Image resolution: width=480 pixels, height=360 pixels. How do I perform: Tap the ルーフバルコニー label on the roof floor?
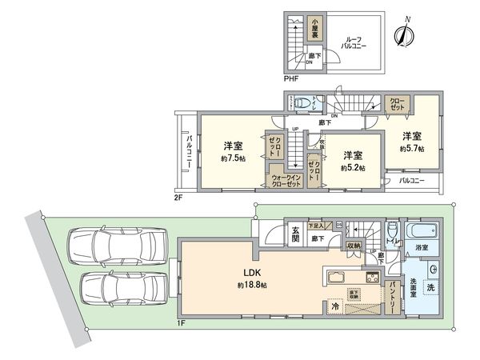354,43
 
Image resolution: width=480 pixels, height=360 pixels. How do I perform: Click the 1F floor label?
182,324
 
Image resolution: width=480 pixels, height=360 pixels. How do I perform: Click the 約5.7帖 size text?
411,148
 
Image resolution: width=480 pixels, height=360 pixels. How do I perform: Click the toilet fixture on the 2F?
304,102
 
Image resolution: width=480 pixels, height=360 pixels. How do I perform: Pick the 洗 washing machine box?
431,287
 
